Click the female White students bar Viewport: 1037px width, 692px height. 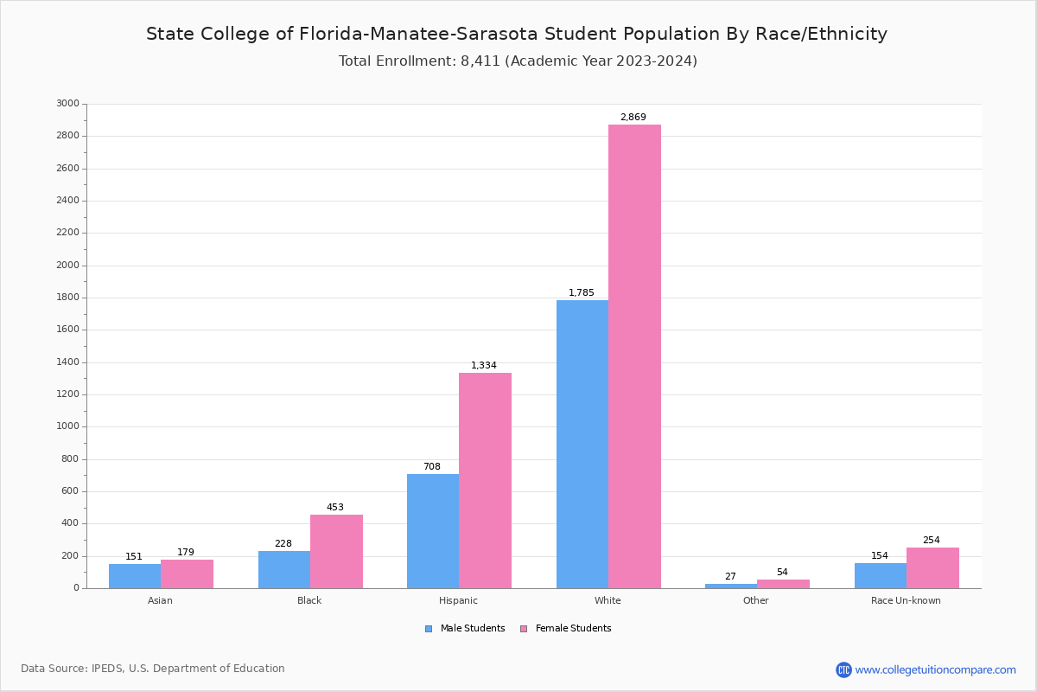pos(634,356)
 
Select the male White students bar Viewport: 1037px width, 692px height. pos(582,444)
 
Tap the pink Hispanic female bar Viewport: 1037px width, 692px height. pos(485,480)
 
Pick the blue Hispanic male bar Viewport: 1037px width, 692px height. pos(433,531)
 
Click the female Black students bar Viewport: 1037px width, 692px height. pos(336,551)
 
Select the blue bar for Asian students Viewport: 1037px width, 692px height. pos(135,576)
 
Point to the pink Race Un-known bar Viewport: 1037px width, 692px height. pos(932,567)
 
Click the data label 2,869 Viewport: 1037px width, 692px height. pos(633,118)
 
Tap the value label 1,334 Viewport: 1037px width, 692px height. pos(484,366)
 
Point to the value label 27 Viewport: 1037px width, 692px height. pos(730,577)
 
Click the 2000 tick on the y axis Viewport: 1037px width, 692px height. pos(67,266)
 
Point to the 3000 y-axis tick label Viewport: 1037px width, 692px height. pos(67,104)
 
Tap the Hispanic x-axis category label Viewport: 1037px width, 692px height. pos(458,600)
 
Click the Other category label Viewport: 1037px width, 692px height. pos(755,600)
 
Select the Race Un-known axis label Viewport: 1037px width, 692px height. pos(906,600)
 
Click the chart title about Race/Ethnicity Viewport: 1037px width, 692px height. pos(517,34)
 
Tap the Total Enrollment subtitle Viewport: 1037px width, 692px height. pos(518,61)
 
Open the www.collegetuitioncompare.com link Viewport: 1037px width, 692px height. pos(935,670)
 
